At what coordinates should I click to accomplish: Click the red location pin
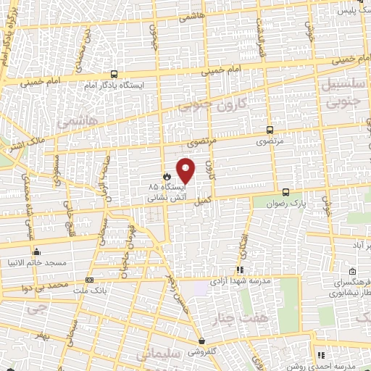coord(186,170)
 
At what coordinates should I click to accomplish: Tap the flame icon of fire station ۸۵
coord(166,175)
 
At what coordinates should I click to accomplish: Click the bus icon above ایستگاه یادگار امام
coord(114,74)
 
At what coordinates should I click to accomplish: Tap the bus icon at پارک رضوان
coord(286,192)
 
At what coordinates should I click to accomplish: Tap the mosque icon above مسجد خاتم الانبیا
coord(36,251)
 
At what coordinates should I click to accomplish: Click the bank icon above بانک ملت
coord(89,280)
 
